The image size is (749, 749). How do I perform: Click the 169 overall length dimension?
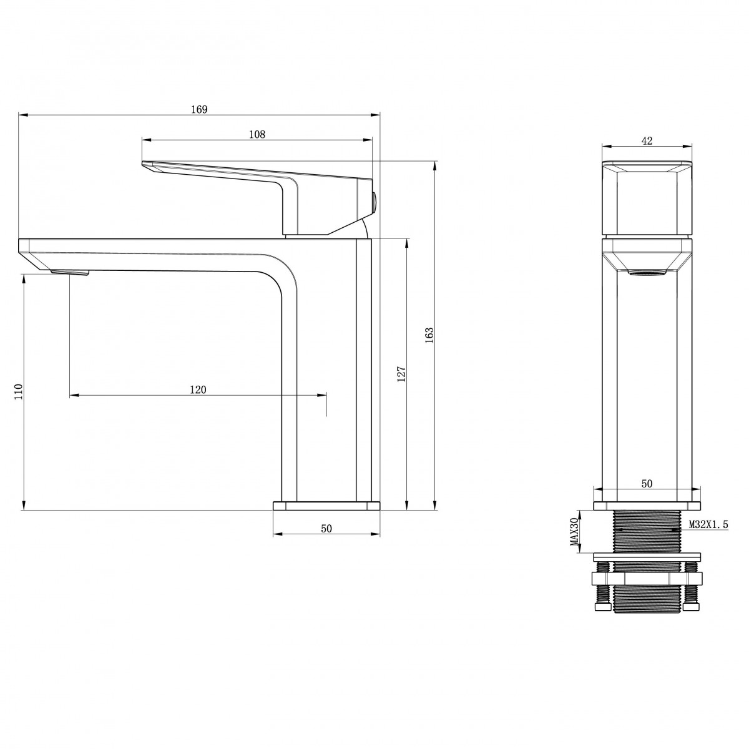[x=199, y=110]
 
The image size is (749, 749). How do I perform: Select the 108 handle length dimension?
[x=257, y=134]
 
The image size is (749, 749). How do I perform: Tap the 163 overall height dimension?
[x=429, y=335]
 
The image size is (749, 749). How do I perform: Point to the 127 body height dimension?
[x=401, y=374]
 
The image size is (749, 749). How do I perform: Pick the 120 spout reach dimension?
[x=198, y=389]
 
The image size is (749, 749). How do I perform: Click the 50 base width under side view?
[x=326, y=529]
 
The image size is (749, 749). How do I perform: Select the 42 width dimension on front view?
[x=647, y=140]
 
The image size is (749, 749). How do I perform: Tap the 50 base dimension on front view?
[x=647, y=484]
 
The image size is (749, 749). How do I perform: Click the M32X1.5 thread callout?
[x=708, y=525]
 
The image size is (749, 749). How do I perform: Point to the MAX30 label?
[x=574, y=531]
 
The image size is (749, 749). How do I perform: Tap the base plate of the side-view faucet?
[x=326, y=506]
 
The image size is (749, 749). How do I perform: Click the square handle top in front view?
[x=647, y=198]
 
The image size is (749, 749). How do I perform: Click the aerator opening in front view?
[x=647, y=273]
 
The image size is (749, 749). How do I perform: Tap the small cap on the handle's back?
[x=374, y=203]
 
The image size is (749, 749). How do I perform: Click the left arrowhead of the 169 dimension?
[x=23, y=115]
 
